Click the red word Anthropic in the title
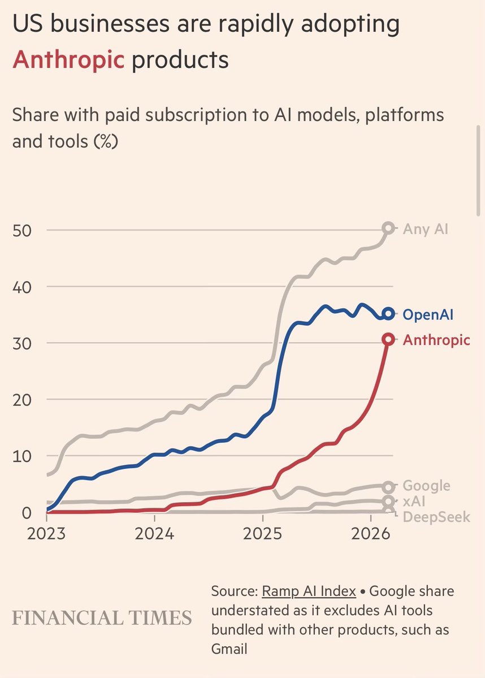pos(68,59)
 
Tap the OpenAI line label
pos(427,314)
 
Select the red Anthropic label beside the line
pos(436,340)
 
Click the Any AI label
pos(426,229)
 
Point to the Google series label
pos(426,486)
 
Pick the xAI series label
pos(414,501)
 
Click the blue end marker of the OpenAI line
pos(388,313)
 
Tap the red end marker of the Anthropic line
pos(388,339)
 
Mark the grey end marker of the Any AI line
pos(388,228)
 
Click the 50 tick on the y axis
pos(25,230)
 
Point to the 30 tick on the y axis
pos(25,343)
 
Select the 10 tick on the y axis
pos(25,456)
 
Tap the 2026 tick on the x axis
pos(371,534)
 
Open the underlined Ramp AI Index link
pos(309,591)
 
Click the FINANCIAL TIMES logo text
pos(102,618)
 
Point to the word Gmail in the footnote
pos(229,649)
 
